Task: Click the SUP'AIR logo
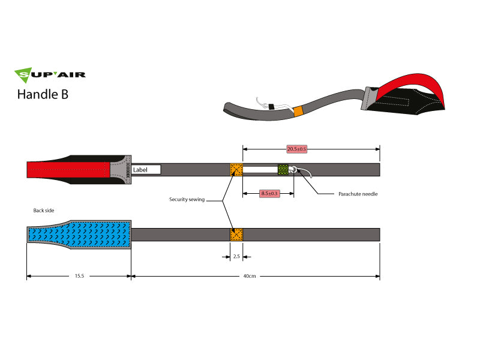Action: point(50,75)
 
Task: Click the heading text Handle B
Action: point(43,94)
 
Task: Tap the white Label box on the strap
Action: point(146,170)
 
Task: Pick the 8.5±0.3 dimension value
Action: point(268,194)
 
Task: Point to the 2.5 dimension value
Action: point(236,257)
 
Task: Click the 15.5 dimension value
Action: point(79,277)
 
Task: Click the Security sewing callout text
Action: point(186,199)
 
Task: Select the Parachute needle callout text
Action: point(358,194)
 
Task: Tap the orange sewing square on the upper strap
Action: point(236,170)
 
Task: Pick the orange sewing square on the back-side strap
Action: point(236,234)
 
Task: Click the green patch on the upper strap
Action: point(283,170)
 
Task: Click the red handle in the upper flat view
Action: point(66,170)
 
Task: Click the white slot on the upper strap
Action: point(259,170)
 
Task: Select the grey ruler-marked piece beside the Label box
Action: point(123,170)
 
